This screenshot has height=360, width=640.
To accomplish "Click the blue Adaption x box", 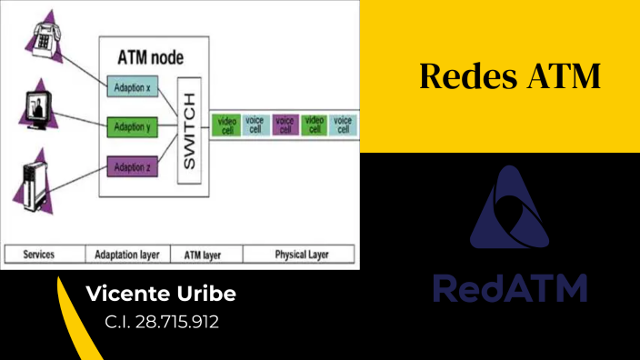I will point(133,87).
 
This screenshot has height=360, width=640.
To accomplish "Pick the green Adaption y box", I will point(133,126).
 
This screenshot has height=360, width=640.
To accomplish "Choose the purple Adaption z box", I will point(133,166).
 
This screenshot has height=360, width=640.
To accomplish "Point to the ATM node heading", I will point(151,57).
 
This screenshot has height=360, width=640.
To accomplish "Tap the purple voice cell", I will point(285,125).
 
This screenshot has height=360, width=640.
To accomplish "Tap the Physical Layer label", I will point(301,255).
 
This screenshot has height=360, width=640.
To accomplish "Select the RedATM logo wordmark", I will point(509,288).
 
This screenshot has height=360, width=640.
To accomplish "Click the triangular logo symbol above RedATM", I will point(509,211).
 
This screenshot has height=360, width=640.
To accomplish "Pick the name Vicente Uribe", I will point(160,295).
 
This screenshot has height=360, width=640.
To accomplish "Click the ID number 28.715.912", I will point(162,322).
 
